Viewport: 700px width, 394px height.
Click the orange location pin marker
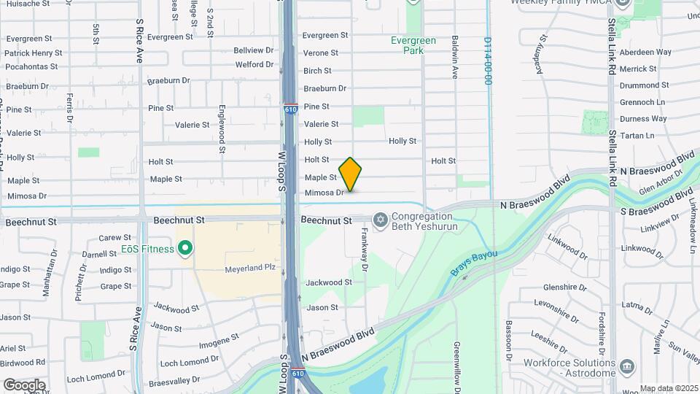(350, 174)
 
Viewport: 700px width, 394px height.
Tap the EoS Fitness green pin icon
(185, 249)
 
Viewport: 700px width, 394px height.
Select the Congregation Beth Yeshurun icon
(380, 219)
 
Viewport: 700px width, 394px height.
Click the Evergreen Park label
(413, 45)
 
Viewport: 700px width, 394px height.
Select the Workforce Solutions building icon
(626, 365)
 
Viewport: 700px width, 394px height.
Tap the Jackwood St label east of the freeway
(329, 282)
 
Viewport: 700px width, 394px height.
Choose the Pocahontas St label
(31, 66)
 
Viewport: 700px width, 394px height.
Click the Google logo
(25, 385)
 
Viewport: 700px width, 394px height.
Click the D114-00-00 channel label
(488, 61)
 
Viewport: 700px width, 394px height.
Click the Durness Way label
(643, 118)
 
